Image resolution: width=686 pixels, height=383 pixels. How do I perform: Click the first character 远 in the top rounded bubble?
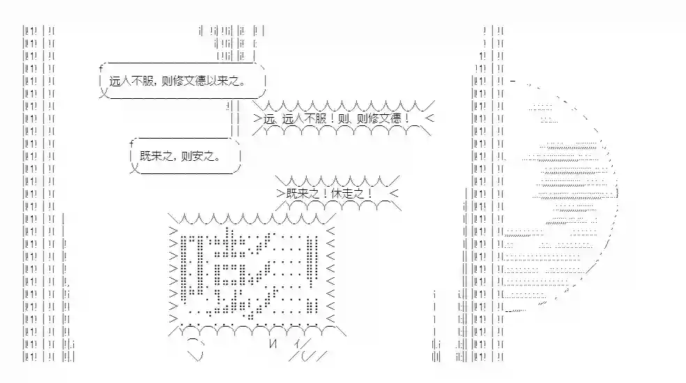[x=114, y=81]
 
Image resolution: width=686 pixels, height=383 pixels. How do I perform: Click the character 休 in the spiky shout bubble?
[x=337, y=194]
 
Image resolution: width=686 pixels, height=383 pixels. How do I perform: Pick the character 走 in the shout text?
[x=348, y=194]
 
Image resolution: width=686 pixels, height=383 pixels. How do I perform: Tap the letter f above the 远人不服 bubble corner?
[x=101, y=68]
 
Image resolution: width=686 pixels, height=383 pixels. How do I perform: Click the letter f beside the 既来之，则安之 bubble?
[x=132, y=143]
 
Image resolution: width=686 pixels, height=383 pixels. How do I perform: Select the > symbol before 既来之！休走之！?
[x=281, y=194]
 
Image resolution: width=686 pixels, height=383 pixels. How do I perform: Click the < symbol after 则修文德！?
[x=429, y=118]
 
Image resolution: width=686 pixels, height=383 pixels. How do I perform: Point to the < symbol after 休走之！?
[x=394, y=194]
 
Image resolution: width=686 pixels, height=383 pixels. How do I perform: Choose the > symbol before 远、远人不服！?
[x=258, y=118]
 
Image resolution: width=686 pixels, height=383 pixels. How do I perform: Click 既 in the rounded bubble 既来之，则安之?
[x=145, y=156]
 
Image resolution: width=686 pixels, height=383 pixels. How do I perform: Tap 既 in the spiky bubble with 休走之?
[x=292, y=194]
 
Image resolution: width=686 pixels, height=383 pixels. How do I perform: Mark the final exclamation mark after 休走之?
[x=370, y=194]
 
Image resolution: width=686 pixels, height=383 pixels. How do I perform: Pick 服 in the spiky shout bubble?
[x=321, y=118]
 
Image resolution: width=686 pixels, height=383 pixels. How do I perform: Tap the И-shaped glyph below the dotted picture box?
[x=273, y=343]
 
